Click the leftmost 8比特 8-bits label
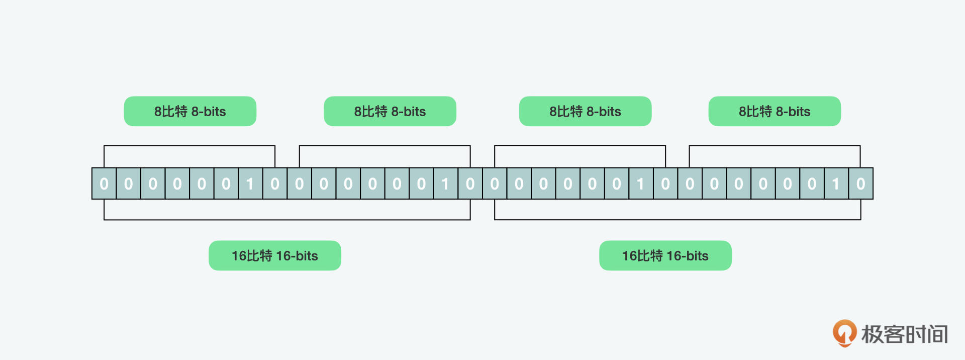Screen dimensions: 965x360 (190, 111)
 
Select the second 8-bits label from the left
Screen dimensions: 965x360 (390, 111)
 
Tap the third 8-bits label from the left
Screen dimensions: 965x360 (586, 111)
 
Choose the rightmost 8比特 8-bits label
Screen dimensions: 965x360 (775, 111)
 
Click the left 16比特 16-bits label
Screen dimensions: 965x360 (275, 255)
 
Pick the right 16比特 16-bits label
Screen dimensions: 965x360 (665, 255)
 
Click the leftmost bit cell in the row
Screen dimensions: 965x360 (104, 184)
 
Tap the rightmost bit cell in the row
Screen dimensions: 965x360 (861, 184)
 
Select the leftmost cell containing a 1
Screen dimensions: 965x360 (250, 184)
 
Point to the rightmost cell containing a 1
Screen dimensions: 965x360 (836, 184)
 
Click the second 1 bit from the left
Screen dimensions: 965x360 (446, 184)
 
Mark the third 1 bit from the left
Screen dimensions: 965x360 (641, 184)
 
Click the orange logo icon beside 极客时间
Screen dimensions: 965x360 (844, 333)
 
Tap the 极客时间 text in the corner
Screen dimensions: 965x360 (905, 334)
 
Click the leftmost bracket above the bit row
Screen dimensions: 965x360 (189, 156)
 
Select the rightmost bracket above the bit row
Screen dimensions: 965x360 (775, 156)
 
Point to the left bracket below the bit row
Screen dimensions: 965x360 (287, 210)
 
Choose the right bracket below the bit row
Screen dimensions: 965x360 (678, 210)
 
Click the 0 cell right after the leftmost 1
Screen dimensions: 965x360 (275, 184)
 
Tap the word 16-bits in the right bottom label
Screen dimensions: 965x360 (688, 256)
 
